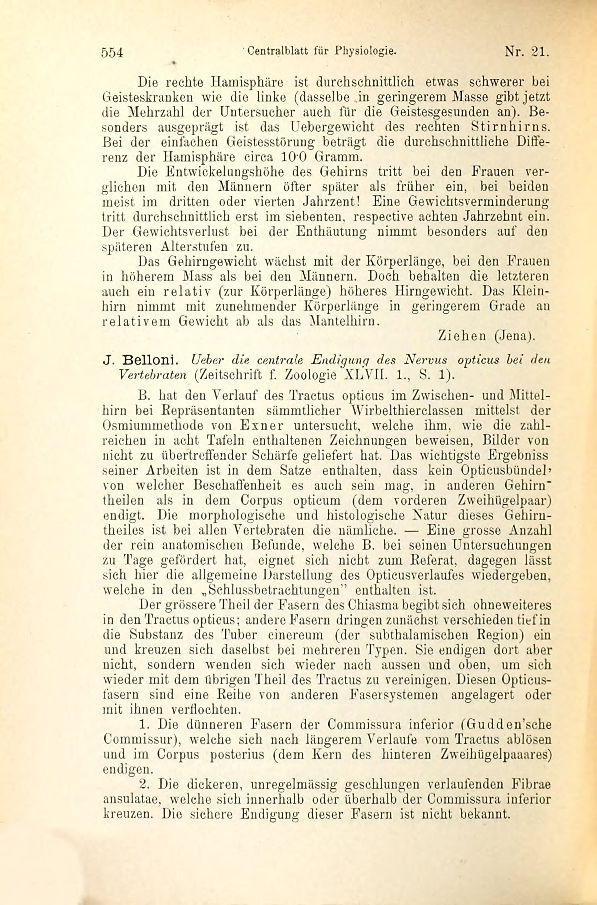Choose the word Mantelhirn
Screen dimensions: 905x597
pyautogui.click(x=341, y=321)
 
